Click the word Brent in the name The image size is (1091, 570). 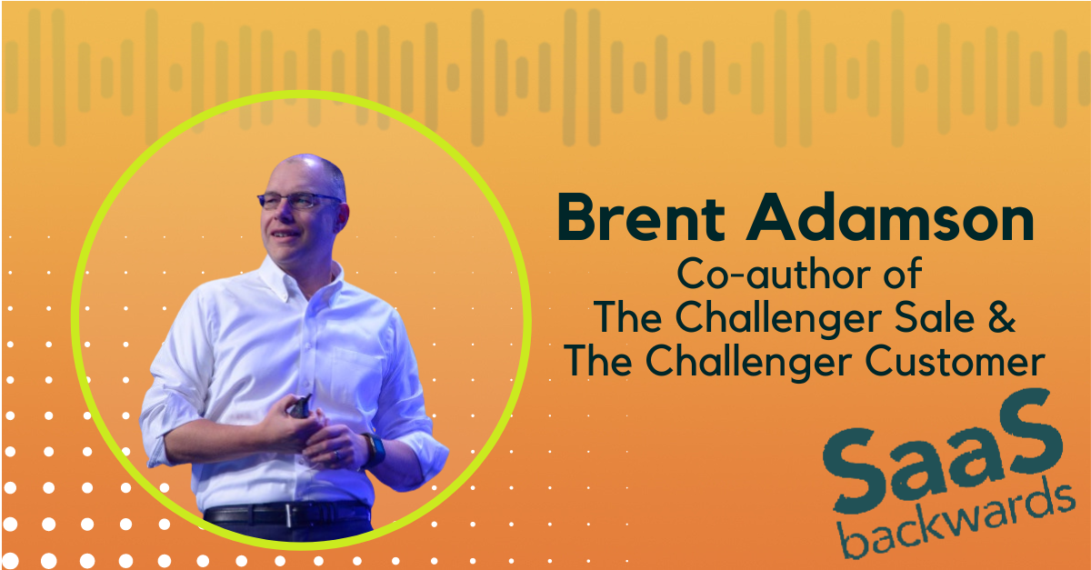click(x=641, y=217)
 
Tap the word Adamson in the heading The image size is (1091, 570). click(x=891, y=217)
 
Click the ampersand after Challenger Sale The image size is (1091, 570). click(x=1001, y=317)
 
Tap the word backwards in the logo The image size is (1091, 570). click(x=957, y=521)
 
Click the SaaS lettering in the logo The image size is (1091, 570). click(x=943, y=451)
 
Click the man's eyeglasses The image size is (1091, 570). click(x=297, y=200)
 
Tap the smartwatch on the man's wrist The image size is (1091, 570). click(x=374, y=450)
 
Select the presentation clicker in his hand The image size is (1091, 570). click(x=298, y=406)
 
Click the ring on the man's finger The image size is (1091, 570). click(x=335, y=455)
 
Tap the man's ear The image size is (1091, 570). click(x=341, y=216)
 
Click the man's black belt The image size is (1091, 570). click(x=287, y=515)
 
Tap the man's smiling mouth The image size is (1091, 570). click(x=284, y=235)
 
